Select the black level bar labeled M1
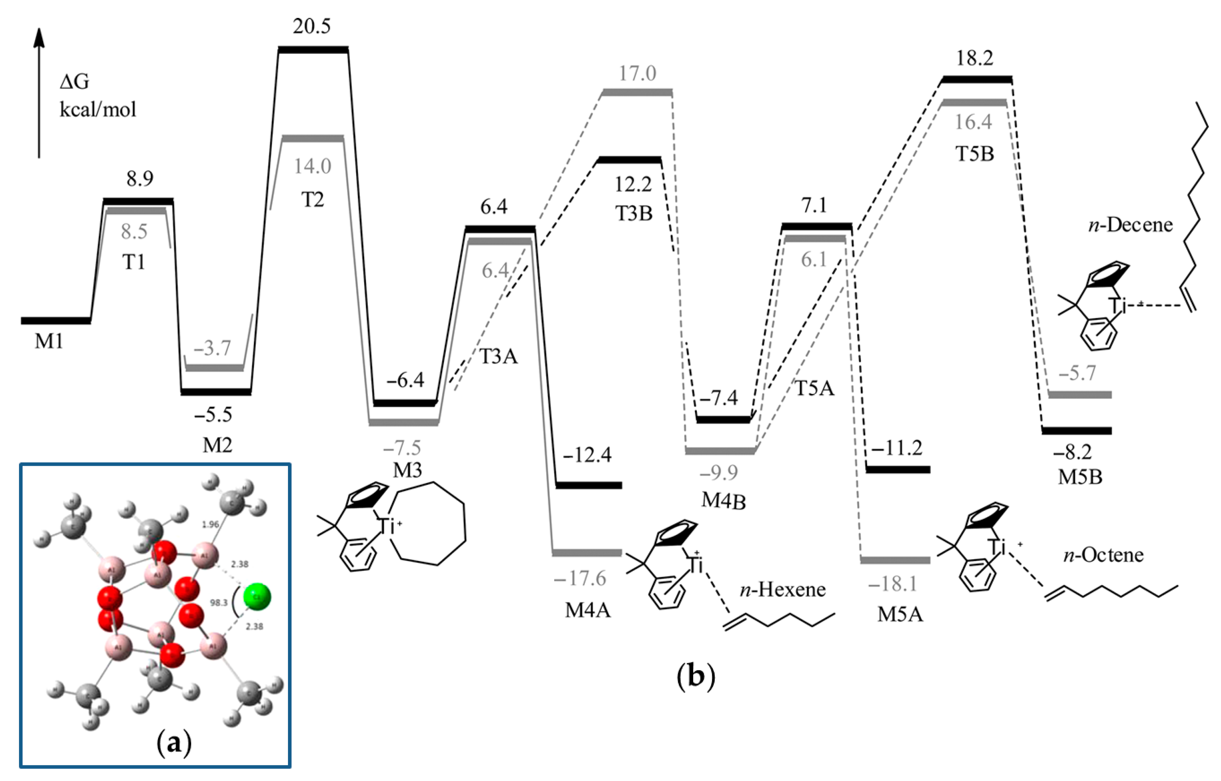56,320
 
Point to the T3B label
634,213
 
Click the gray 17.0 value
637,74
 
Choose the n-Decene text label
1130,225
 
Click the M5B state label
1080,477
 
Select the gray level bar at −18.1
895,560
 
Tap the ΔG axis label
75,82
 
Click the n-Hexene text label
783,589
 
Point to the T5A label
814,388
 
